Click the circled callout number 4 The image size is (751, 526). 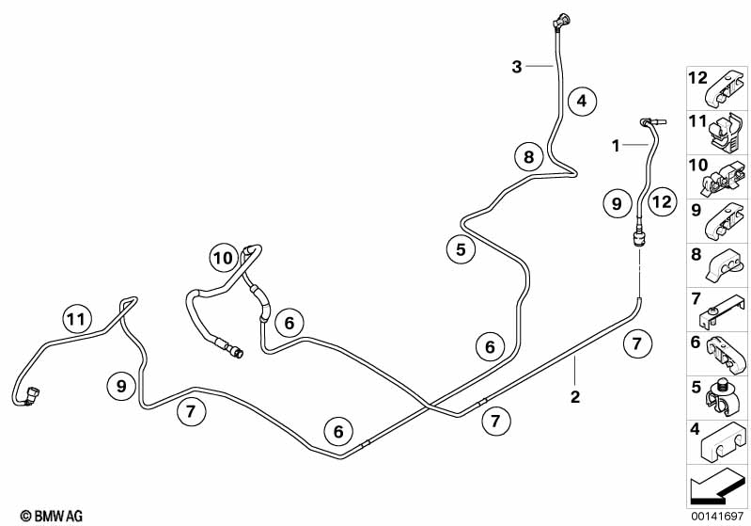(x=582, y=101)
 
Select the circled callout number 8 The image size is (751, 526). (x=529, y=157)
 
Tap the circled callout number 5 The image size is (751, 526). (x=461, y=250)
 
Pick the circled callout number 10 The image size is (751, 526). (x=222, y=258)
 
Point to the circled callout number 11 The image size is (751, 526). (x=78, y=320)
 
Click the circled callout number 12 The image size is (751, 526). (x=662, y=201)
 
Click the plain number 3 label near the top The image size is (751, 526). (x=517, y=66)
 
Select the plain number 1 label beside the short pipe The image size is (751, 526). (x=616, y=146)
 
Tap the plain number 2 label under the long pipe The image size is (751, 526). (x=575, y=396)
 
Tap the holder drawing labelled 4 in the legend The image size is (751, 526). (x=725, y=442)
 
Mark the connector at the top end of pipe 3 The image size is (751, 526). (x=561, y=18)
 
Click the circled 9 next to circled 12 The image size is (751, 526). (x=616, y=202)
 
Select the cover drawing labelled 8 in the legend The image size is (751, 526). (x=725, y=265)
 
